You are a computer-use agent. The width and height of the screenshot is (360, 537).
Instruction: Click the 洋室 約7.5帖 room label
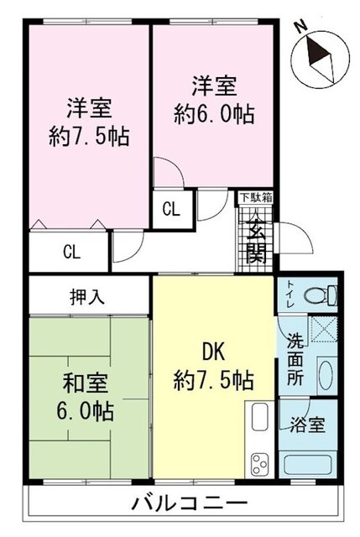tap(87, 123)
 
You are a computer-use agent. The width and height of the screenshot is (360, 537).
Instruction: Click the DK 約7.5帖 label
tap(214, 366)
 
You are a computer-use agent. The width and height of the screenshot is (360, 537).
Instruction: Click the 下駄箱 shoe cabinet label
tap(255, 198)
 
